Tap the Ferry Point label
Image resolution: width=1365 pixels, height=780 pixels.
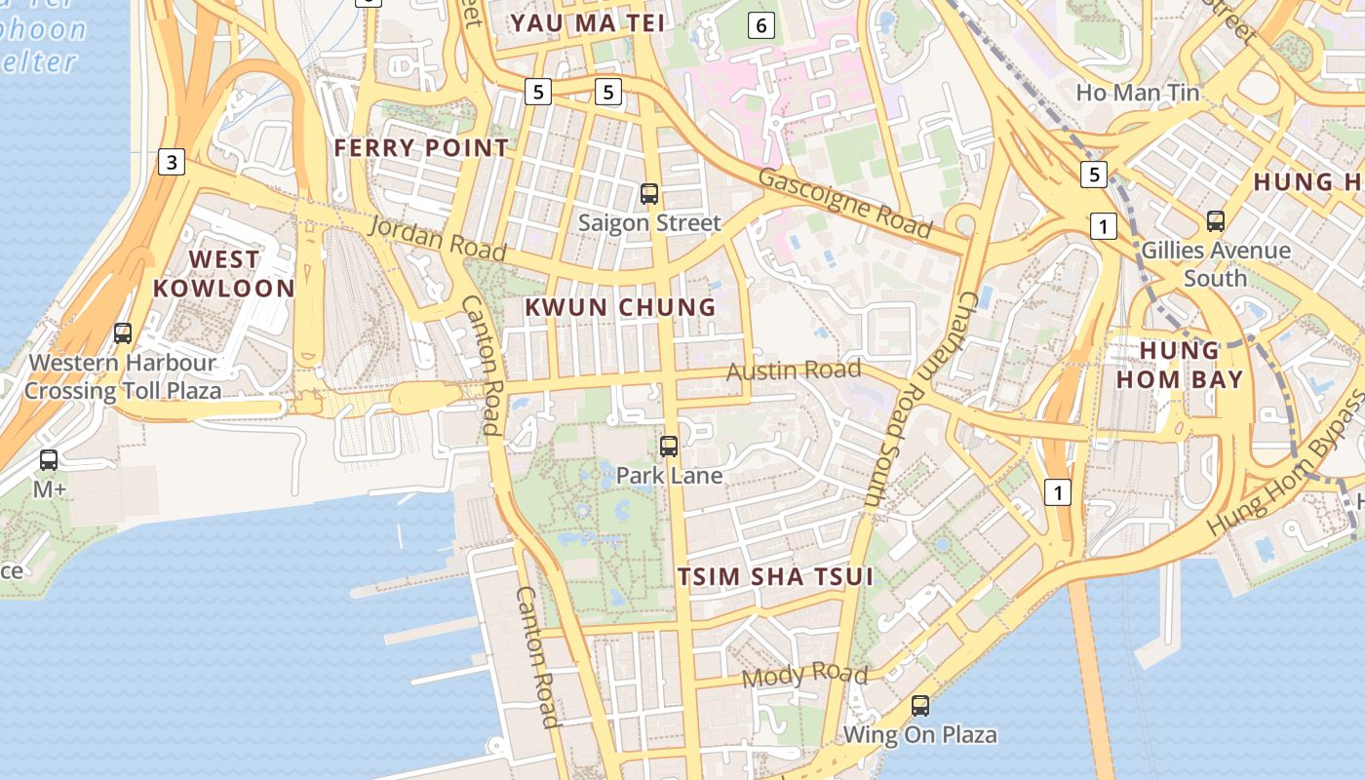[421, 148]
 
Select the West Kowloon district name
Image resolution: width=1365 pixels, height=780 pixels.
[223, 274]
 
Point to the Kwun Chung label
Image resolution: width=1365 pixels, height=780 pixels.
[620, 307]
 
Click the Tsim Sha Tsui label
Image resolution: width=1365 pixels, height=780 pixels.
[775, 576]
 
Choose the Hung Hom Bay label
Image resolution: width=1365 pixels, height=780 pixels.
[1180, 365]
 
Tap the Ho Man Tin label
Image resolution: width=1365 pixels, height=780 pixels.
[1138, 93]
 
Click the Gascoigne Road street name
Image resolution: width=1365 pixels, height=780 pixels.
[844, 203]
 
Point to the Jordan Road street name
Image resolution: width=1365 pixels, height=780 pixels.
[438, 240]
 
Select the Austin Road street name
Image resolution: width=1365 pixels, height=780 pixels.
[795, 370]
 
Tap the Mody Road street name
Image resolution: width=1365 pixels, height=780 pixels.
[804, 675]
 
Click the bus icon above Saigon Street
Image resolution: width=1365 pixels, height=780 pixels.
[649, 194]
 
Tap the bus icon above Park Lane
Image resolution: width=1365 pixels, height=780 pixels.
[669, 447]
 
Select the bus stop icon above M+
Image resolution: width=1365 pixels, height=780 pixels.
[49, 460]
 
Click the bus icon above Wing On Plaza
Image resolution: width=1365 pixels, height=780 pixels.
[920, 705]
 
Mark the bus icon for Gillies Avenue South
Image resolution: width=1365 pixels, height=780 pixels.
[1215, 221]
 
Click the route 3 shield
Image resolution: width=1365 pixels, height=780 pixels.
[172, 162]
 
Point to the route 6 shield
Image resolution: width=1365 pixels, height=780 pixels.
[761, 25]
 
